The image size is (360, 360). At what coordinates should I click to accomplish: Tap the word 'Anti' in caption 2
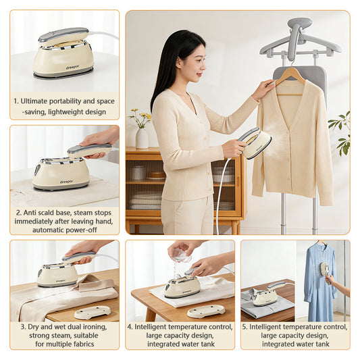30,213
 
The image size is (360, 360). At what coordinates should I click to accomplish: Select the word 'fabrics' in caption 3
84,344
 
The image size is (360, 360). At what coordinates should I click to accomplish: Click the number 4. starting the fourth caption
130,327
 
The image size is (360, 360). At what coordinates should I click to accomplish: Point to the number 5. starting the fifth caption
245,327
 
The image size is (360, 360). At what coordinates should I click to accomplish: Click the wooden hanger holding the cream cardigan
290,80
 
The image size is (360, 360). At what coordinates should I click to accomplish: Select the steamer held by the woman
255,143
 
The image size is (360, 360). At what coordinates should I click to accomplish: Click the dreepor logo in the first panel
72,68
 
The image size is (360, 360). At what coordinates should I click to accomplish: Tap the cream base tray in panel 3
93,312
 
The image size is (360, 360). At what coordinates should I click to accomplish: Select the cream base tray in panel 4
206,311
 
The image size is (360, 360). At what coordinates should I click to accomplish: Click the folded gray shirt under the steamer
267,303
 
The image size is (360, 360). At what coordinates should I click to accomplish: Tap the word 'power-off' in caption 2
83,230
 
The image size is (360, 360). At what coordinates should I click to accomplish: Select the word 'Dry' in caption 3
32,327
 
